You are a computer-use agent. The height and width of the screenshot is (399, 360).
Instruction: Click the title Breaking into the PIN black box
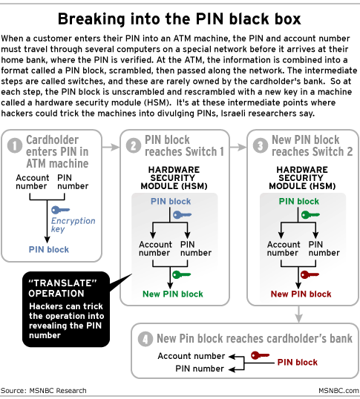(x=179, y=19)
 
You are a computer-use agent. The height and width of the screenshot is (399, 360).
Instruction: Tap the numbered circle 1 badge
(x=15, y=145)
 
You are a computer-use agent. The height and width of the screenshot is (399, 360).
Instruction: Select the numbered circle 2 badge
(x=134, y=145)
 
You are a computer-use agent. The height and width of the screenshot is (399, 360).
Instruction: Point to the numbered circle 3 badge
(x=261, y=145)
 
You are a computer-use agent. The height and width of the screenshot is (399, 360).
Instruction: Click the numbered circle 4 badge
(x=145, y=339)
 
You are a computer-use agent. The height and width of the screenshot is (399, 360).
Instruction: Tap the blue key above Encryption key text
(x=60, y=210)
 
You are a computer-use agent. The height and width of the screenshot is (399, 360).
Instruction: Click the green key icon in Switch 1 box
(x=181, y=275)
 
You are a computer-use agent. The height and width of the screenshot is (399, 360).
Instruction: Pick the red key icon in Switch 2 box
(x=310, y=275)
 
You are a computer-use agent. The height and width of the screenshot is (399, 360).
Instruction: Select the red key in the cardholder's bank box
(x=260, y=355)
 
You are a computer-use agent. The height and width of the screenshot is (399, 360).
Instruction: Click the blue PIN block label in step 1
(x=49, y=250)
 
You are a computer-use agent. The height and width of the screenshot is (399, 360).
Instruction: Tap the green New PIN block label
(x=173, y=294)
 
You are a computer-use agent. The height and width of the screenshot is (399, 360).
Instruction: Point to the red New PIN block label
(x=301, y=294)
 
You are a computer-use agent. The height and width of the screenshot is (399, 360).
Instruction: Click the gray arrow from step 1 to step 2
(x=111, y=147)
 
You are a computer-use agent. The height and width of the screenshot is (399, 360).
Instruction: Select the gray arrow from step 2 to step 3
(x=238, y=147)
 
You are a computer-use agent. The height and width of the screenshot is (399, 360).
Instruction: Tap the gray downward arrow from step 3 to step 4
(x=298, y=314)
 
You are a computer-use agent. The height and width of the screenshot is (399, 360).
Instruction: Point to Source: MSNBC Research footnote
(x=44, y=391)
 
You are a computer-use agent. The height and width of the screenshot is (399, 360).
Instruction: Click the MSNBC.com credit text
(x=339, y=391)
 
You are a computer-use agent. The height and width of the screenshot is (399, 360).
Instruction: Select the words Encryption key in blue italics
(x=73, y=225)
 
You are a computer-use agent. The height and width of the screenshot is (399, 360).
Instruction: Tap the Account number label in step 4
(x=192, y=356)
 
